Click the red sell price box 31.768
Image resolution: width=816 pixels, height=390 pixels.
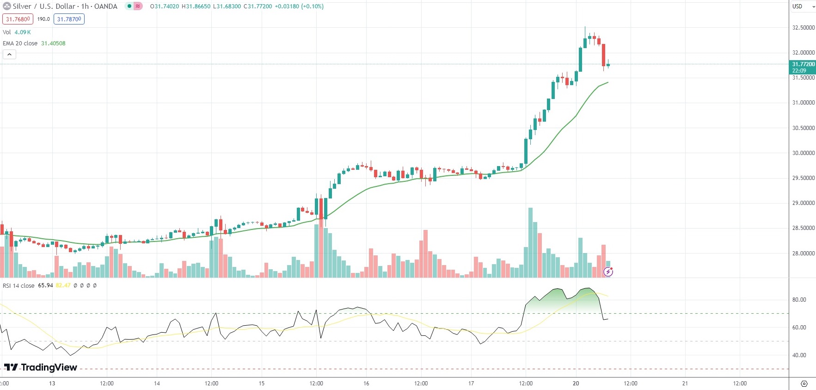(x=18, y=19)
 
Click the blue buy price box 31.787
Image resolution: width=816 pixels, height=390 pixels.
(x=69, y=19)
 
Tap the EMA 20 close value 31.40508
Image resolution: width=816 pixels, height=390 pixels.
(x=53, y=43)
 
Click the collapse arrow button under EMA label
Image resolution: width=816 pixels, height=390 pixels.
(x=9, y=55)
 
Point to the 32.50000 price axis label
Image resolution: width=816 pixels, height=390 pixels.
(x=803, y=28)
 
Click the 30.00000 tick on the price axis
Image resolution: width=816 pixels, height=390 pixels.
(x=803, y=153)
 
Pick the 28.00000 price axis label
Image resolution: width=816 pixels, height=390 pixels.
(x=803, y=254)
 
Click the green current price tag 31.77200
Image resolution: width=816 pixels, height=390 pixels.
(x=803, y=67)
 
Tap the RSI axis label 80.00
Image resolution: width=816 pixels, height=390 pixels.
(x=799, y=300)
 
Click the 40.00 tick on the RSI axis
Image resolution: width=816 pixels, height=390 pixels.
(x=799, y=355)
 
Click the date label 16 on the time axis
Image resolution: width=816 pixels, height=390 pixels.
(x=366, y=384)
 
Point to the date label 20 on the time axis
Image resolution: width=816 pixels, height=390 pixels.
(x=576, y=384)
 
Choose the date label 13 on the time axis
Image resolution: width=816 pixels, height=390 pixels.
(x=52, y=384)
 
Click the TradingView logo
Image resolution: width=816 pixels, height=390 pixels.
(x=41, y=367)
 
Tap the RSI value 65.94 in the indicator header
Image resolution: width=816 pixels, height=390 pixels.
(x=45, y=285)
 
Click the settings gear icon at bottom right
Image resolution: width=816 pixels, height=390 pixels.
(x=804, y=384)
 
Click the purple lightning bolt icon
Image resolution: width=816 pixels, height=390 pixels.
(x=608, y=272)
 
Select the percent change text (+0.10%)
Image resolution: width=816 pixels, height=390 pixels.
(x=312, y=6)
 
